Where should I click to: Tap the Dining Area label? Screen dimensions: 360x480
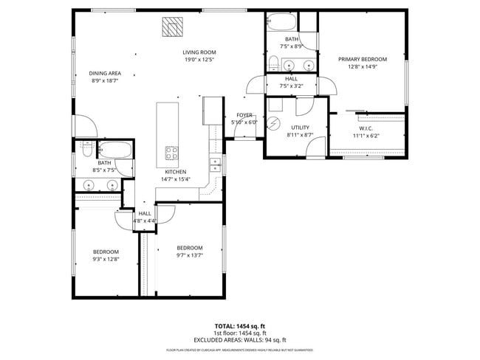[105, 73]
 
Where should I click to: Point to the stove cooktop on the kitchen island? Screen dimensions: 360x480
[171, 153]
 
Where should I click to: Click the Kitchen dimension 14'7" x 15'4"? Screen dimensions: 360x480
[176, 179]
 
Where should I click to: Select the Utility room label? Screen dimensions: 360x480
[300, 128]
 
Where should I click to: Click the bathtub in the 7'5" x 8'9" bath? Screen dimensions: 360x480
[292, 21]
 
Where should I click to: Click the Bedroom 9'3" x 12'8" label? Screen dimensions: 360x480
[106, 252]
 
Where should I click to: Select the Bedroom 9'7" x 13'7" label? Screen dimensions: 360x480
[189, 248]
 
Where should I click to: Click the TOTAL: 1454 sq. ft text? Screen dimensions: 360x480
[239, 325]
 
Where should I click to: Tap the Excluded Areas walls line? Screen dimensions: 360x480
[239, 339]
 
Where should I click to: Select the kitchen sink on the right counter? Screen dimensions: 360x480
[214, 165]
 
